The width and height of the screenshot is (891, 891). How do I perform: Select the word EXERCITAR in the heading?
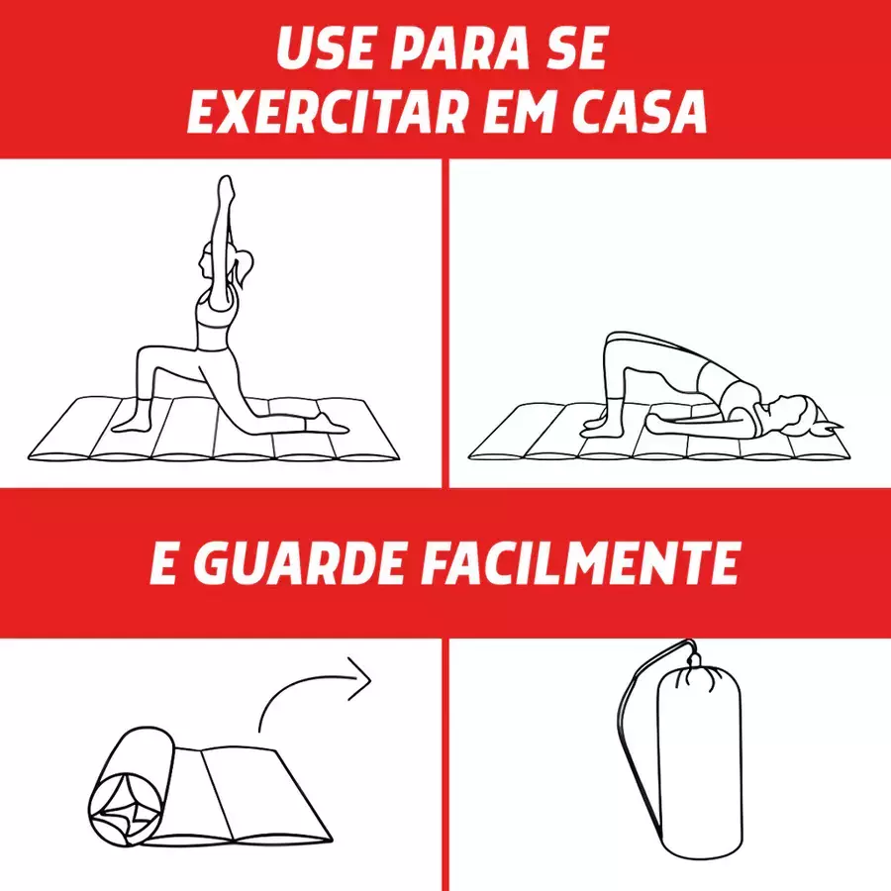327,111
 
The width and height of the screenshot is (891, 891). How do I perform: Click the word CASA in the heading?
639,111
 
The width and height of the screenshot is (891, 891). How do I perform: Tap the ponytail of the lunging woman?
245,267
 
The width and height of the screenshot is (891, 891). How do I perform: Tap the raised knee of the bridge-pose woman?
617,341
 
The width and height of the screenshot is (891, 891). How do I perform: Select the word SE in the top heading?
577,48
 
